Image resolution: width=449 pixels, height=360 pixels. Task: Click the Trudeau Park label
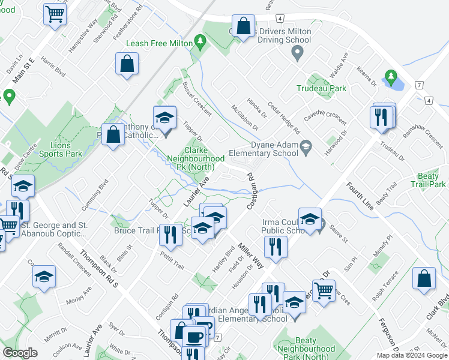point(321,88)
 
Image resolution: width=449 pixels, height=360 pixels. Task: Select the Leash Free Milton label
point(160,44)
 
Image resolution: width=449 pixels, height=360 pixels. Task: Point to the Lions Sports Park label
point(58,149)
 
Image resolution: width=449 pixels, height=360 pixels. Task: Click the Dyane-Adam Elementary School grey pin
point(306,146)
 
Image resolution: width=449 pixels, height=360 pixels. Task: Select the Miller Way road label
point(251,256)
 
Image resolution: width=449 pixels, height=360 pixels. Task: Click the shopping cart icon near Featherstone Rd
point(55,14)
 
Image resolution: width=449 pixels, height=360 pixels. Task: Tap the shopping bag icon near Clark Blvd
point(424,279)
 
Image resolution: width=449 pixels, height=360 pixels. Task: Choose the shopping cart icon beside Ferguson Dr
point(324,290)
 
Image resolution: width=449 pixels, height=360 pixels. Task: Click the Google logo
point(20,353)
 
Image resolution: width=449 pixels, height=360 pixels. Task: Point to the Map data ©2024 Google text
point(412,355)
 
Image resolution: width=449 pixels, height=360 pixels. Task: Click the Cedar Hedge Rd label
point(284,118)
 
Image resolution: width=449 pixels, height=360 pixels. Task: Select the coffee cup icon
point(194,337)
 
